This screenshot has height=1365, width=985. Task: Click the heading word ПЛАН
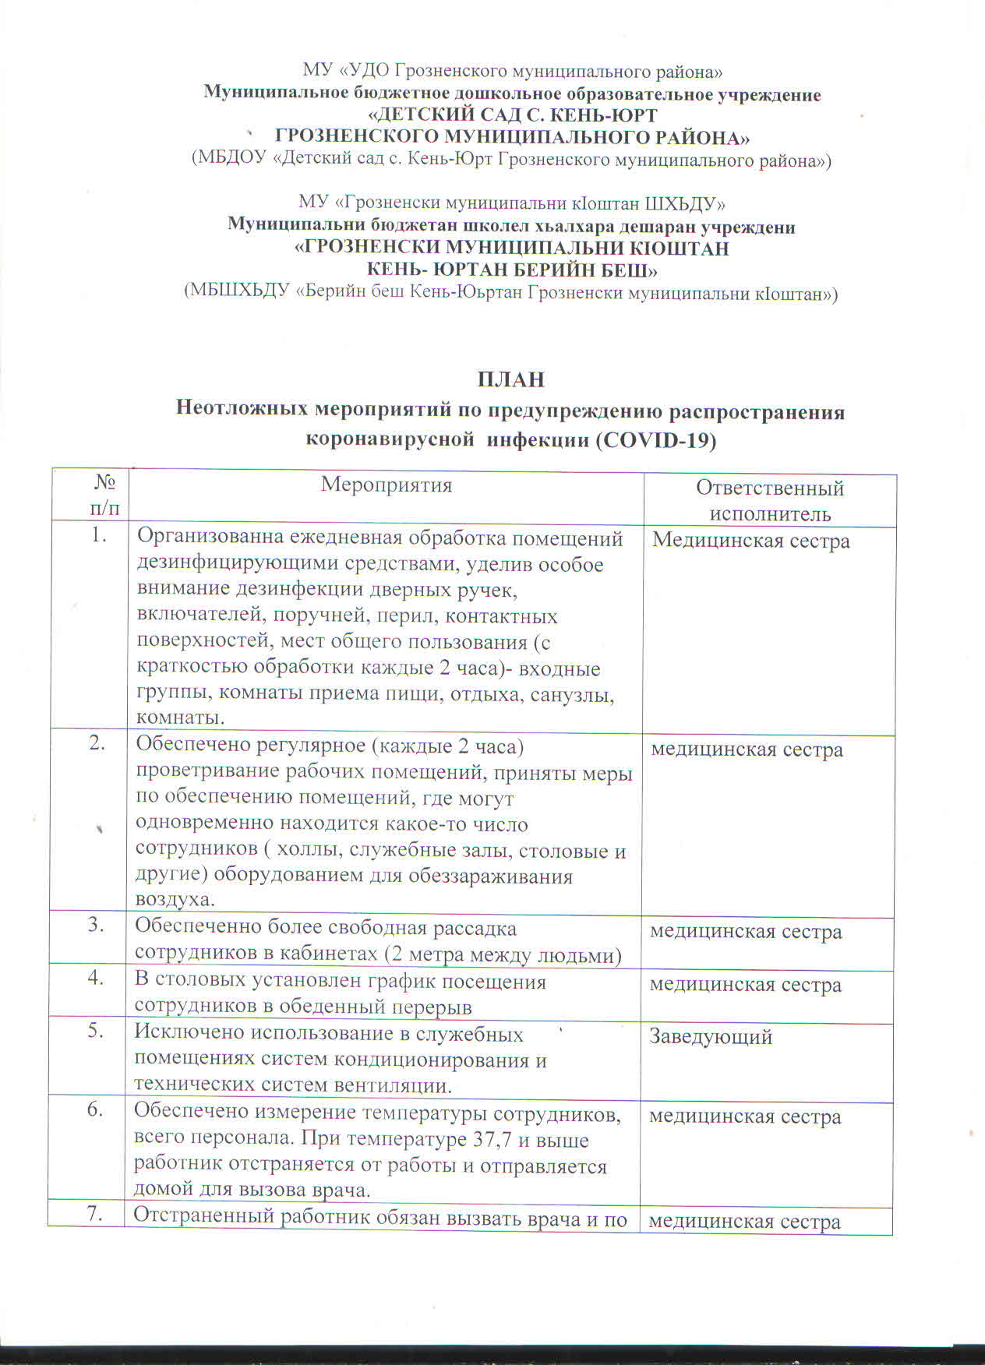510,379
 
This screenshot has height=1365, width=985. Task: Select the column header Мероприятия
387,485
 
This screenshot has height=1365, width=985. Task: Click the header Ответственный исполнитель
769,501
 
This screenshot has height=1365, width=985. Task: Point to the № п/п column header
104,496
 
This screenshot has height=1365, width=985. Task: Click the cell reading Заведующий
711,1036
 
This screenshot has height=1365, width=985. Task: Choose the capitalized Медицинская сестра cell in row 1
750,540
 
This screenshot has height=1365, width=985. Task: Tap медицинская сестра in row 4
745,985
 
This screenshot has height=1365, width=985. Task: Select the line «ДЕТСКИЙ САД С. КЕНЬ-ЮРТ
512,116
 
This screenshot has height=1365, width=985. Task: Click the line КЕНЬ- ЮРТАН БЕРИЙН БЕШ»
512,270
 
